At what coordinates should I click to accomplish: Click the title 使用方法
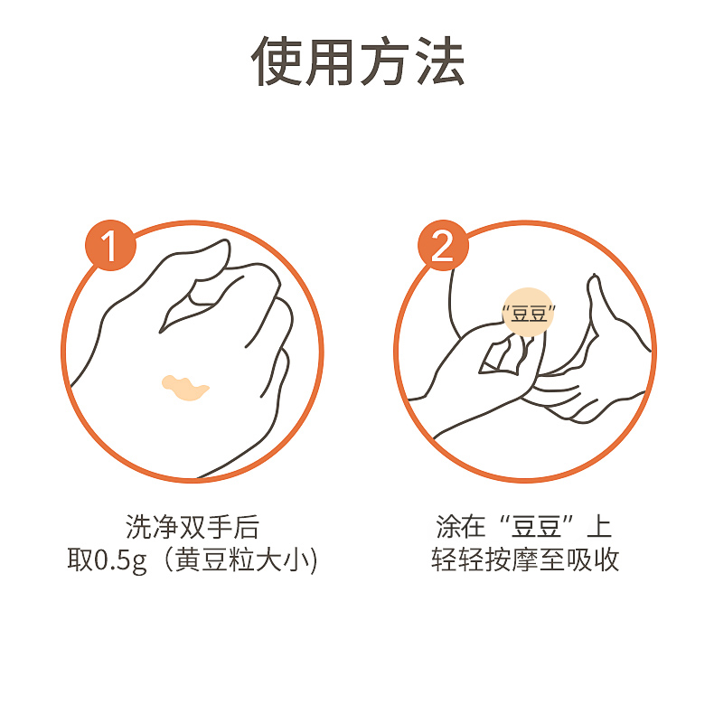[358, 61]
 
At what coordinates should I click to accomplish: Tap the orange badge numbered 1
[110, 246]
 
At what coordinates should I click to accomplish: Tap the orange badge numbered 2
[443, 246]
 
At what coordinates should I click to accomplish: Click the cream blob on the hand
[185, 388]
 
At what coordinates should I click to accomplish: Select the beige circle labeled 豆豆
[528, 313]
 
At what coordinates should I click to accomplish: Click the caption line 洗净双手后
[193, 527]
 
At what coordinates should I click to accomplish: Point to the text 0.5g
[120, 560]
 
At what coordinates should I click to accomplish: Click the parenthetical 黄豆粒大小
[240, 560]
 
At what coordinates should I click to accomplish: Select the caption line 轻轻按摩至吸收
[525, 559]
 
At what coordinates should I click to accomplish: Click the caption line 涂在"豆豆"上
[523, 526]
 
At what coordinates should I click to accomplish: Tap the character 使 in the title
[277, 61]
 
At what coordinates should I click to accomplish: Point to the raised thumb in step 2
[601, 305]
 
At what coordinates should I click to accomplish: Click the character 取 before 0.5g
[80, 559]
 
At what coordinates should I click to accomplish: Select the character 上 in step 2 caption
[598, 527]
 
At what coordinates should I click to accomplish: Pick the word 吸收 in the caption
[592, 559]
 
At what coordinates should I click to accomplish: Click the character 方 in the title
[385, 61]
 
